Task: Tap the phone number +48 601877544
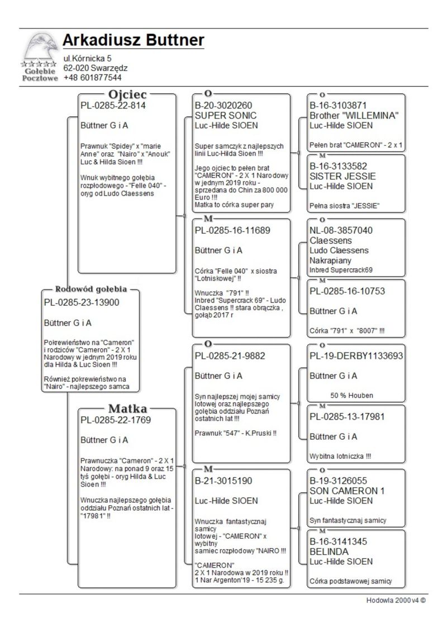pyautogui.click(x=92, y=78)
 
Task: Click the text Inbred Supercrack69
pyautogui.click(x=341, y=270)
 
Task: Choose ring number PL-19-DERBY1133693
pyautogui.click(x=356, y=356)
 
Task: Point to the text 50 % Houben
pyautogui.click(x=351, y=396)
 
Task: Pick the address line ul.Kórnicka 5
pyautogui.click(x=87, y=58)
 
